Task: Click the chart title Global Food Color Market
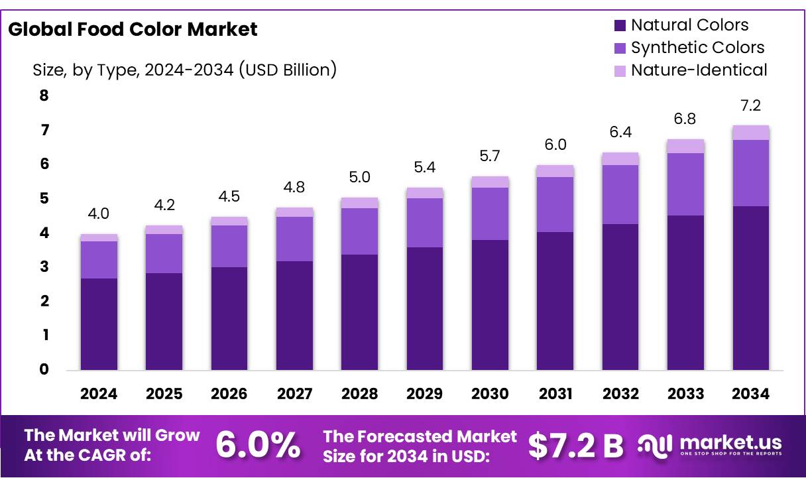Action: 133,29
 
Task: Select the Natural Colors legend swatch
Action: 620,26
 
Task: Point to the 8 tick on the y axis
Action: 44,95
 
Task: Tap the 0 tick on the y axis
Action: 44,369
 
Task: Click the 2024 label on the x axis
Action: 99,394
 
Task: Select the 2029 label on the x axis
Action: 425,394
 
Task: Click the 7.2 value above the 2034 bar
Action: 751,106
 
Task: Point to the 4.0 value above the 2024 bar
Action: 99,214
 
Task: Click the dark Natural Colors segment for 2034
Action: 751,288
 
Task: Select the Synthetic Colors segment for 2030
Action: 490,213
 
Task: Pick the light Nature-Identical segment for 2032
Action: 620,158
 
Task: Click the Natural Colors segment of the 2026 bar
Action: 229,318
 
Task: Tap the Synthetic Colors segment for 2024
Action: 99,259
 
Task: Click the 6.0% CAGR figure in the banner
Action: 257,446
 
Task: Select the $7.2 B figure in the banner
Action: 575,446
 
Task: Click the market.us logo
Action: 709,445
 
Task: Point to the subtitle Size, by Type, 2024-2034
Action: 184,69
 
